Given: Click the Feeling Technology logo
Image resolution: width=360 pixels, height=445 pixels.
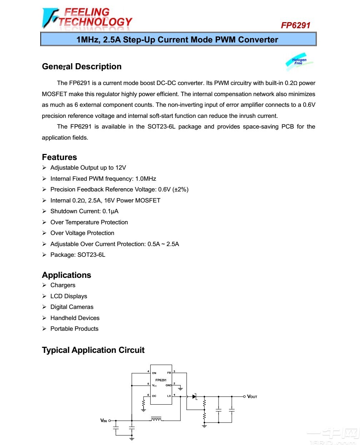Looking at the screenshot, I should pos(87,18).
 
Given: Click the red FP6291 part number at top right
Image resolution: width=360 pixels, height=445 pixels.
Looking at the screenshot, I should pos(295,25).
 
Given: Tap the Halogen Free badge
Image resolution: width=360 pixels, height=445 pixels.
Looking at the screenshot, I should pos(299,61).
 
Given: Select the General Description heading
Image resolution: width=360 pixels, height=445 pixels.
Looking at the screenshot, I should pos(81,66).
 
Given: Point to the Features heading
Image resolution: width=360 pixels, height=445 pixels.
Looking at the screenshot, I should pos(59,157).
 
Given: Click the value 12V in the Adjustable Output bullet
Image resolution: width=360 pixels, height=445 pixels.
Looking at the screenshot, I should pos(121,167).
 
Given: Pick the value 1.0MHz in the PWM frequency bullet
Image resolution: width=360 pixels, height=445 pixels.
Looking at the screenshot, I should pos(146,179).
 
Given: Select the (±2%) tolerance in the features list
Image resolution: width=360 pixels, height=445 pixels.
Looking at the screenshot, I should pos(180,189).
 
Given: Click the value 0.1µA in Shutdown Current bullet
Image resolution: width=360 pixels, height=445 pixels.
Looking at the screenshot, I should pos(110,211).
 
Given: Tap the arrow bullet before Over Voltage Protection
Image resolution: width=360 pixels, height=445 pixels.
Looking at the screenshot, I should pos(44,233).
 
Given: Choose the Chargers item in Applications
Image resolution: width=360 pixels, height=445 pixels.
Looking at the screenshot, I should pos(63,285).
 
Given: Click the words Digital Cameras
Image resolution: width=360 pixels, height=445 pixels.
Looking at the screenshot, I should pos(72,307).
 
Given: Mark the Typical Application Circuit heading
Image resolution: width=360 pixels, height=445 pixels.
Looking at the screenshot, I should pos(93,350).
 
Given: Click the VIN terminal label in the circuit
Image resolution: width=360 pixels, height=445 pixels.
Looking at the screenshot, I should pos(104,421).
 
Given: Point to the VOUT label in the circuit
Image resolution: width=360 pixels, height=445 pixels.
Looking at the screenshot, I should pos(252,396).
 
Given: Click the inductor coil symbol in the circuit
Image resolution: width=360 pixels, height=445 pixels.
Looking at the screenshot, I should pos(156,419).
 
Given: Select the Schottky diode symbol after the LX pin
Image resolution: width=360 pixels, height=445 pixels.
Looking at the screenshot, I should pos(195,396).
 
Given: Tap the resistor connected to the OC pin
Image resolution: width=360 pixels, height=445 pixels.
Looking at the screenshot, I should pos(144,403).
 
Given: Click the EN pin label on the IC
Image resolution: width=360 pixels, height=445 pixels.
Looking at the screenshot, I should pos(154,373).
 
